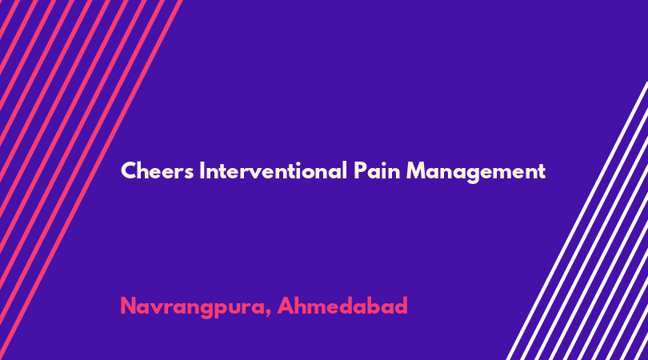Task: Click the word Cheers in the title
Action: pos(157,170)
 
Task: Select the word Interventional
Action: pos(273,170)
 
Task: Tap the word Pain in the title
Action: pos(377,170)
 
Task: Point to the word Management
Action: pos(476,171)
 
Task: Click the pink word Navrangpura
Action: pos(193,307)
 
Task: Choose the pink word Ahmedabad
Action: pos(342,306)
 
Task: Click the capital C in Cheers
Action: pos(129,170)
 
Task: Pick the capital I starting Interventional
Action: pos(202,170)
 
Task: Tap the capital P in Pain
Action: pos(360,170)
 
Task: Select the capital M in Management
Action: pos(417,170)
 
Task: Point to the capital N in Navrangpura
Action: pos(129,306)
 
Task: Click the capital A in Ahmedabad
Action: pos(286,306)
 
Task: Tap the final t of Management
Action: pos(542,171)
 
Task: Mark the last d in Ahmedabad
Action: pos(401,306)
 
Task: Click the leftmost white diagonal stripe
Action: pos(578,221)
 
